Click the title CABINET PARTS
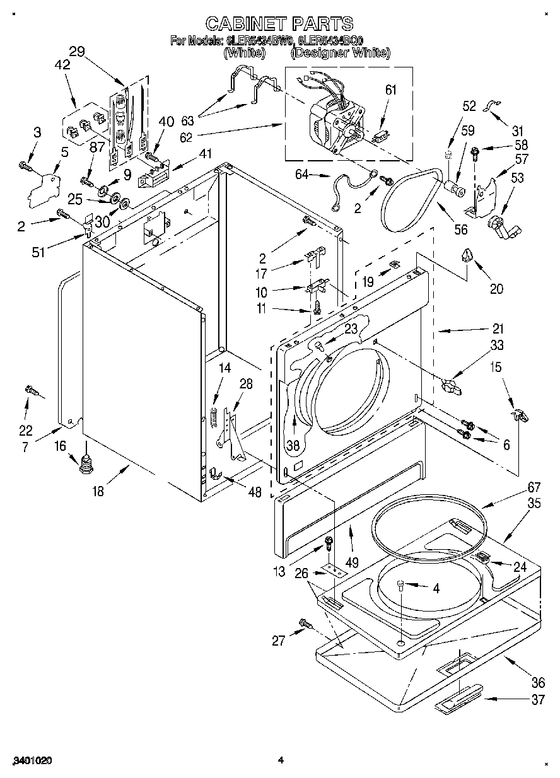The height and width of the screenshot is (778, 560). pyautogui.click(x=280, y=24)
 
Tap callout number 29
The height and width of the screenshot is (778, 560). pyautogui.click(x=77, y=52)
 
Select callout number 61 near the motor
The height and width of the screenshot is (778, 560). pyautogui.click(x=391, y=90)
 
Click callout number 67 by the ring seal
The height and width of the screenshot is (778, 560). pyautogui.click(x=516, y=487)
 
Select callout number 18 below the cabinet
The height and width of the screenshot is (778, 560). pyautogui.click(x=98, y=492)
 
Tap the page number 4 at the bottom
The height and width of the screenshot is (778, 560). pyautogui.click(x=281, y=760)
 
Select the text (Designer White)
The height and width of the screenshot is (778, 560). pyautogui.click(x=341, y=54)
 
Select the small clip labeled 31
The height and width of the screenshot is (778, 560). pyautogui.click(x=489, y=107)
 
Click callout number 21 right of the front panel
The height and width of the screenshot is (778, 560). pyautogui.click(x=498, y=328)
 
